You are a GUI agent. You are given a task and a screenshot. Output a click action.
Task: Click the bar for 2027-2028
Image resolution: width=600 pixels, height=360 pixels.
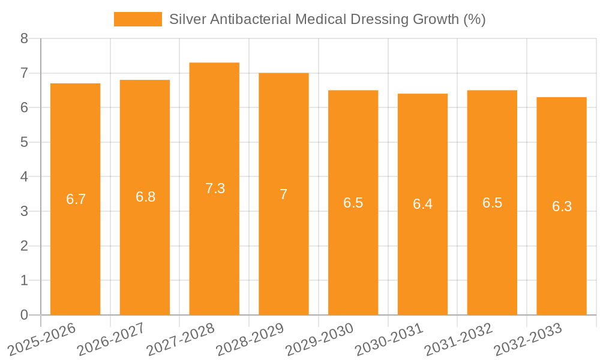click(214, 189)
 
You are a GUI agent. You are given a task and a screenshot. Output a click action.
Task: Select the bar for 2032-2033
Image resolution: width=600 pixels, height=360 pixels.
click(562, 206)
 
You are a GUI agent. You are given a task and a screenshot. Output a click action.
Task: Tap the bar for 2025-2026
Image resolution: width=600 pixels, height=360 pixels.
click(76, 199)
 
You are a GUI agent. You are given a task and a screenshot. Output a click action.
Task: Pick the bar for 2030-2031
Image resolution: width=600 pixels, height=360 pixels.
click(422, 204)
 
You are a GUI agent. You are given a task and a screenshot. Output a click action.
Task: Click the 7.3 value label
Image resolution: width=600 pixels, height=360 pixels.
click(215, 188)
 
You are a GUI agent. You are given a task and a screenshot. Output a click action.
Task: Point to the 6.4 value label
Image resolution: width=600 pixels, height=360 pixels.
click(422, 204)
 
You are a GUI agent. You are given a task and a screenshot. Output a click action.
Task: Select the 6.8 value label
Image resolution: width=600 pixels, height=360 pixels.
click(145, 197)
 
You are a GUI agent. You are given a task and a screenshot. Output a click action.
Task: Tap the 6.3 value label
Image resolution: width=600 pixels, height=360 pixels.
click(562, 206)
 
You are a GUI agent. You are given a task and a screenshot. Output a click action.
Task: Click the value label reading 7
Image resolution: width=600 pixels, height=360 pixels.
click(284, 194)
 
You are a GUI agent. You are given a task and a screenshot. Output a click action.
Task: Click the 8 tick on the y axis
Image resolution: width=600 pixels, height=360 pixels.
click(24, 39)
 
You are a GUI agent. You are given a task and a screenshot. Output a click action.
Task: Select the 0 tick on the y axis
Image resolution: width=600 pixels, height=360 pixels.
click(24, 315)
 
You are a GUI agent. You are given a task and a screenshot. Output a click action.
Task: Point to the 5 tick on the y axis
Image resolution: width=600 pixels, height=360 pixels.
click(24, 143)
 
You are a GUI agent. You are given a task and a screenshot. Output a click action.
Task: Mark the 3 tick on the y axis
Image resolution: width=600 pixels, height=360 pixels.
click(24, 212)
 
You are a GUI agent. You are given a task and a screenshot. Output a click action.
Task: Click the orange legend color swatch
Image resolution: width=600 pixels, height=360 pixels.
click(138, 19)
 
